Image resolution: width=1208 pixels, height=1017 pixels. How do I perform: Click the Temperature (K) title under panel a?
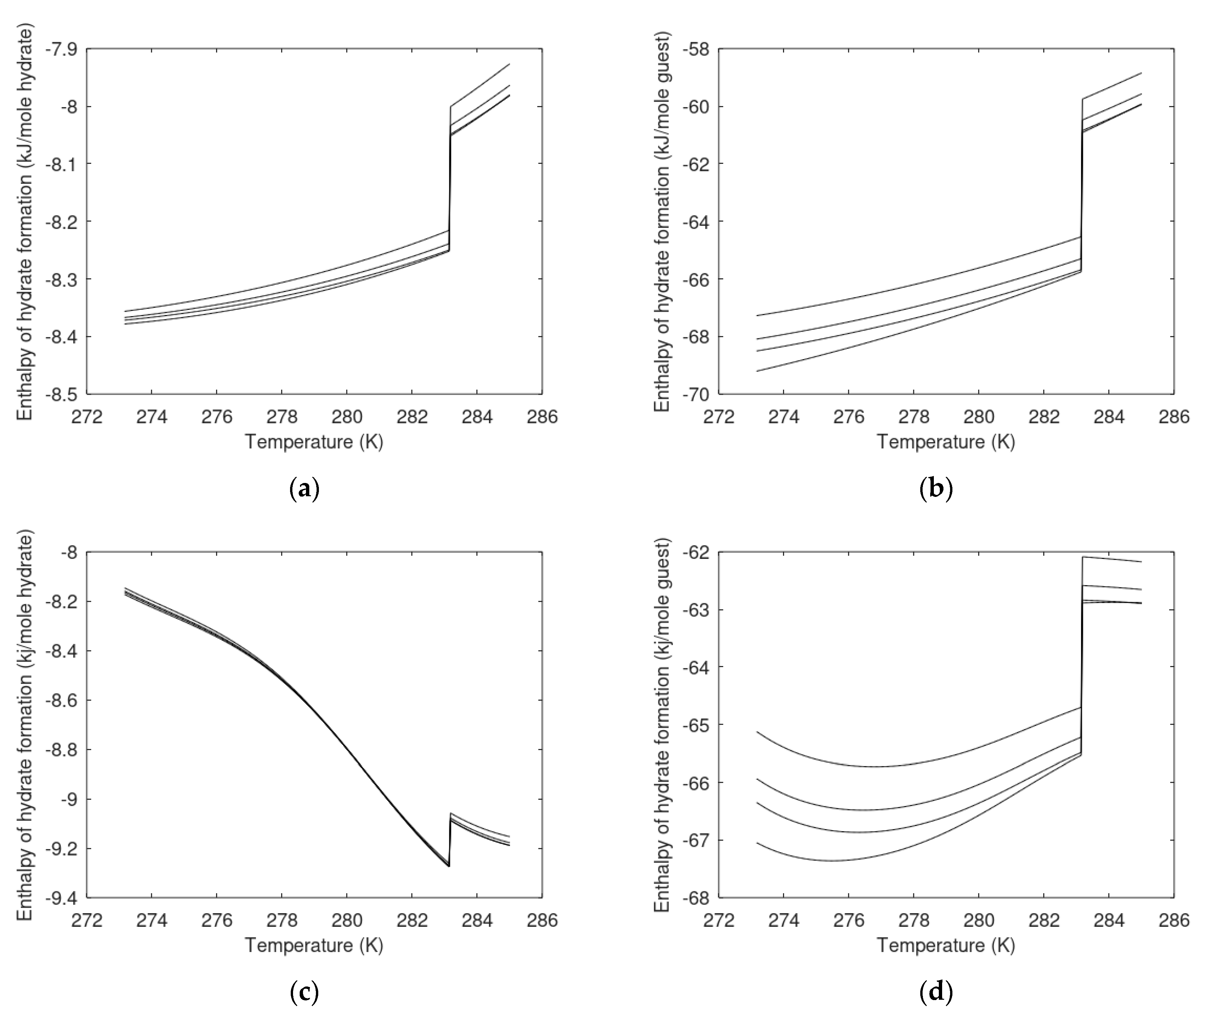314,442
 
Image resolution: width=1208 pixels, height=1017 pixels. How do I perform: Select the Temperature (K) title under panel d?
945,945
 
